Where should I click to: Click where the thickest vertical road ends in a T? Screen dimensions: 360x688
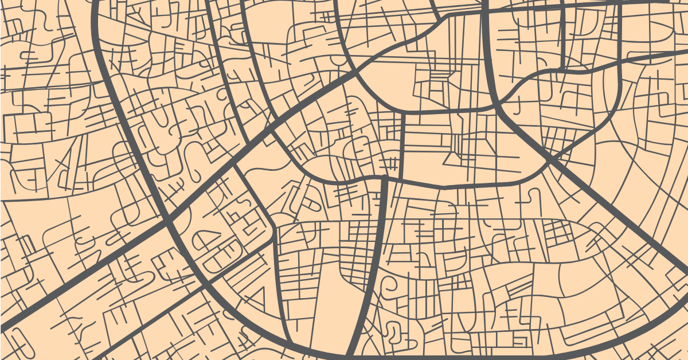point(384,179)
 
